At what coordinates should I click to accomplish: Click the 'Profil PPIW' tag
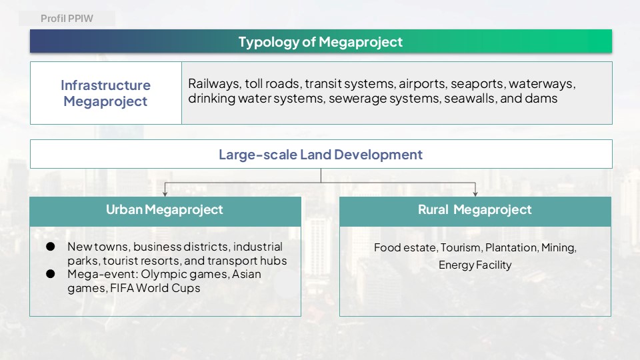tap(67, 19)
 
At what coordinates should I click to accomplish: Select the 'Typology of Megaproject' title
tap(321, 41)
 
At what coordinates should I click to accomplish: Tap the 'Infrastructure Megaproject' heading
tap(106, 93)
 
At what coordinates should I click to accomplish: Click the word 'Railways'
tap(214, 84)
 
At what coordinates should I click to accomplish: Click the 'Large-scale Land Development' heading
tap(321, 154)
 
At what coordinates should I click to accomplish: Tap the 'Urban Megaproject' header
tap(165, 209)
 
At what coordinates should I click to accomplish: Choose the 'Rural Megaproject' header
tap(475, 209)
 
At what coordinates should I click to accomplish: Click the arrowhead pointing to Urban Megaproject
tap(165, 193)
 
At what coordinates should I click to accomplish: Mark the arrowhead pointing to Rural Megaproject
tap(475, 193)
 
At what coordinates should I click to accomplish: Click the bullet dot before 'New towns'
tap(51, 247)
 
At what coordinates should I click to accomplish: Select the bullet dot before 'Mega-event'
tap(51, 274)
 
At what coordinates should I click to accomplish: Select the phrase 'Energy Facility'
tap(475, 265)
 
